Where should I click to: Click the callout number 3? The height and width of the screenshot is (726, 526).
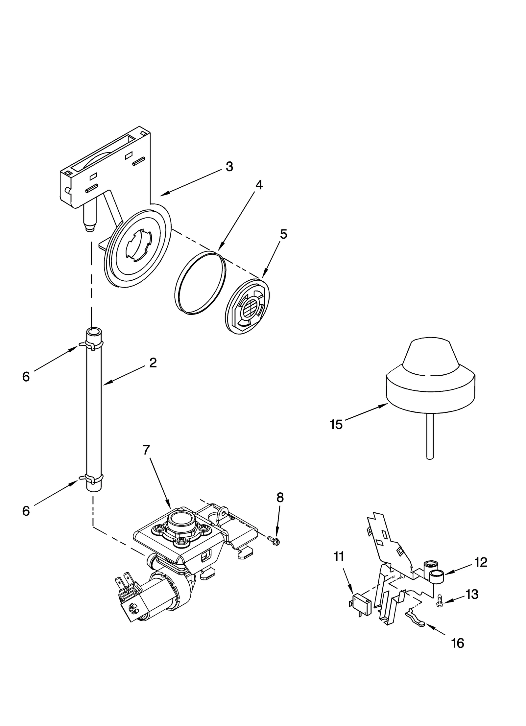tap(229, 167)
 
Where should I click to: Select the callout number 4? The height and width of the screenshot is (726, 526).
tap(259, 185)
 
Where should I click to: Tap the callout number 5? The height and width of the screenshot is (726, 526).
tap(283, 234)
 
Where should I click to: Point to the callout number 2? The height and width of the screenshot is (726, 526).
tap(153, 363)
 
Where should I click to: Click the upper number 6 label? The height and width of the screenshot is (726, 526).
tap(26, 377)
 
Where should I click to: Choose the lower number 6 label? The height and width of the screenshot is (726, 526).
tap(26, 511)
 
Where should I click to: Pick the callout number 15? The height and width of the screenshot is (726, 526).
tap(336, 425)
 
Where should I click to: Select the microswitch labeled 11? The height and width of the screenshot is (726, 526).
tap(361, 605)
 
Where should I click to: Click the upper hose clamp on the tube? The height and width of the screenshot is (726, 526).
tap(92, 344)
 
